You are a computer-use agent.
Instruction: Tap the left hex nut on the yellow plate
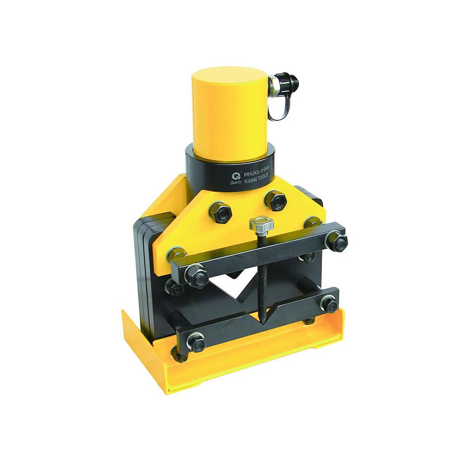(220, 212)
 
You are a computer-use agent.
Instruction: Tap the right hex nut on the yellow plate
(275, 200)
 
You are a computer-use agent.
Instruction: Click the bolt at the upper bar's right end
(336, 241)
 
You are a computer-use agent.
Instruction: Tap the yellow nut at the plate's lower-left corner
(177, 254)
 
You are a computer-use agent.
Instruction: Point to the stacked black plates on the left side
(144, 271)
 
